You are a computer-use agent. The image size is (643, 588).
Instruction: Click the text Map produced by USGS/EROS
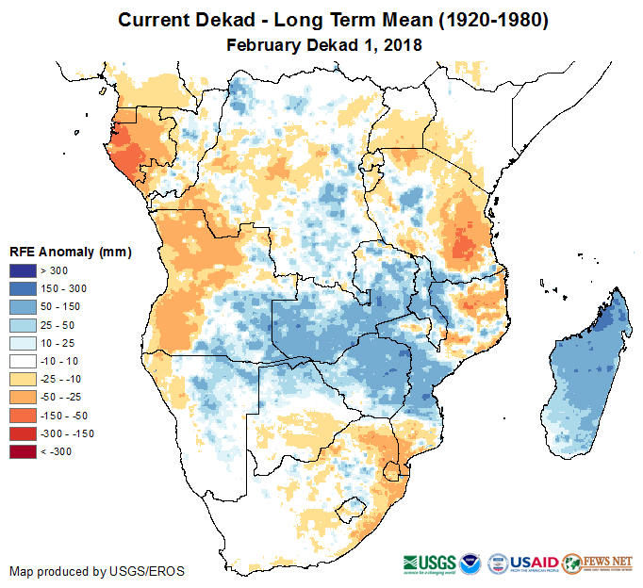click(x=96, y=571)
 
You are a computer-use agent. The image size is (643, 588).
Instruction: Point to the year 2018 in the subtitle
click(x=400, y=44)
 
